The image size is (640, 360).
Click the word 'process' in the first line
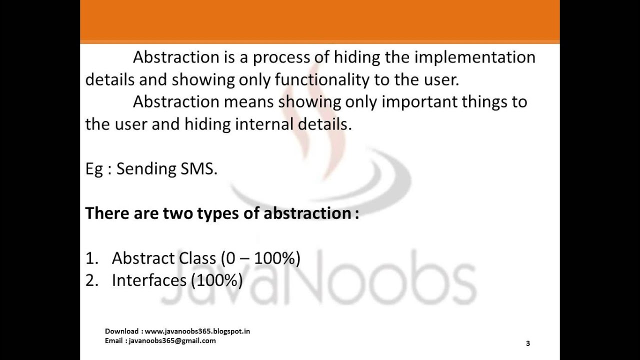(x=281, y=58)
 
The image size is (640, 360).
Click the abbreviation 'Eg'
(x=94, y=169)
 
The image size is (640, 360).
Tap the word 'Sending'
(x=146, y=169)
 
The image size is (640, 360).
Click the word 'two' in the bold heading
(x=177, y=213)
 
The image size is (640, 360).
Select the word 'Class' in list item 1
(x=196, y=258)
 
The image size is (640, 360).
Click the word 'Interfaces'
(x=148, y=280)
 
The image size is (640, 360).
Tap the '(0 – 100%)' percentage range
(x=260, y=258)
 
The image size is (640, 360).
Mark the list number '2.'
(x=91, y=280)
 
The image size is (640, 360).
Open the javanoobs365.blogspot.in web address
(x=198, y=331)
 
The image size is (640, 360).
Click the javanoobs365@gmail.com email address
(x=172, y=341)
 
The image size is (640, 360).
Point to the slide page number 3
(x=528, y=343)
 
